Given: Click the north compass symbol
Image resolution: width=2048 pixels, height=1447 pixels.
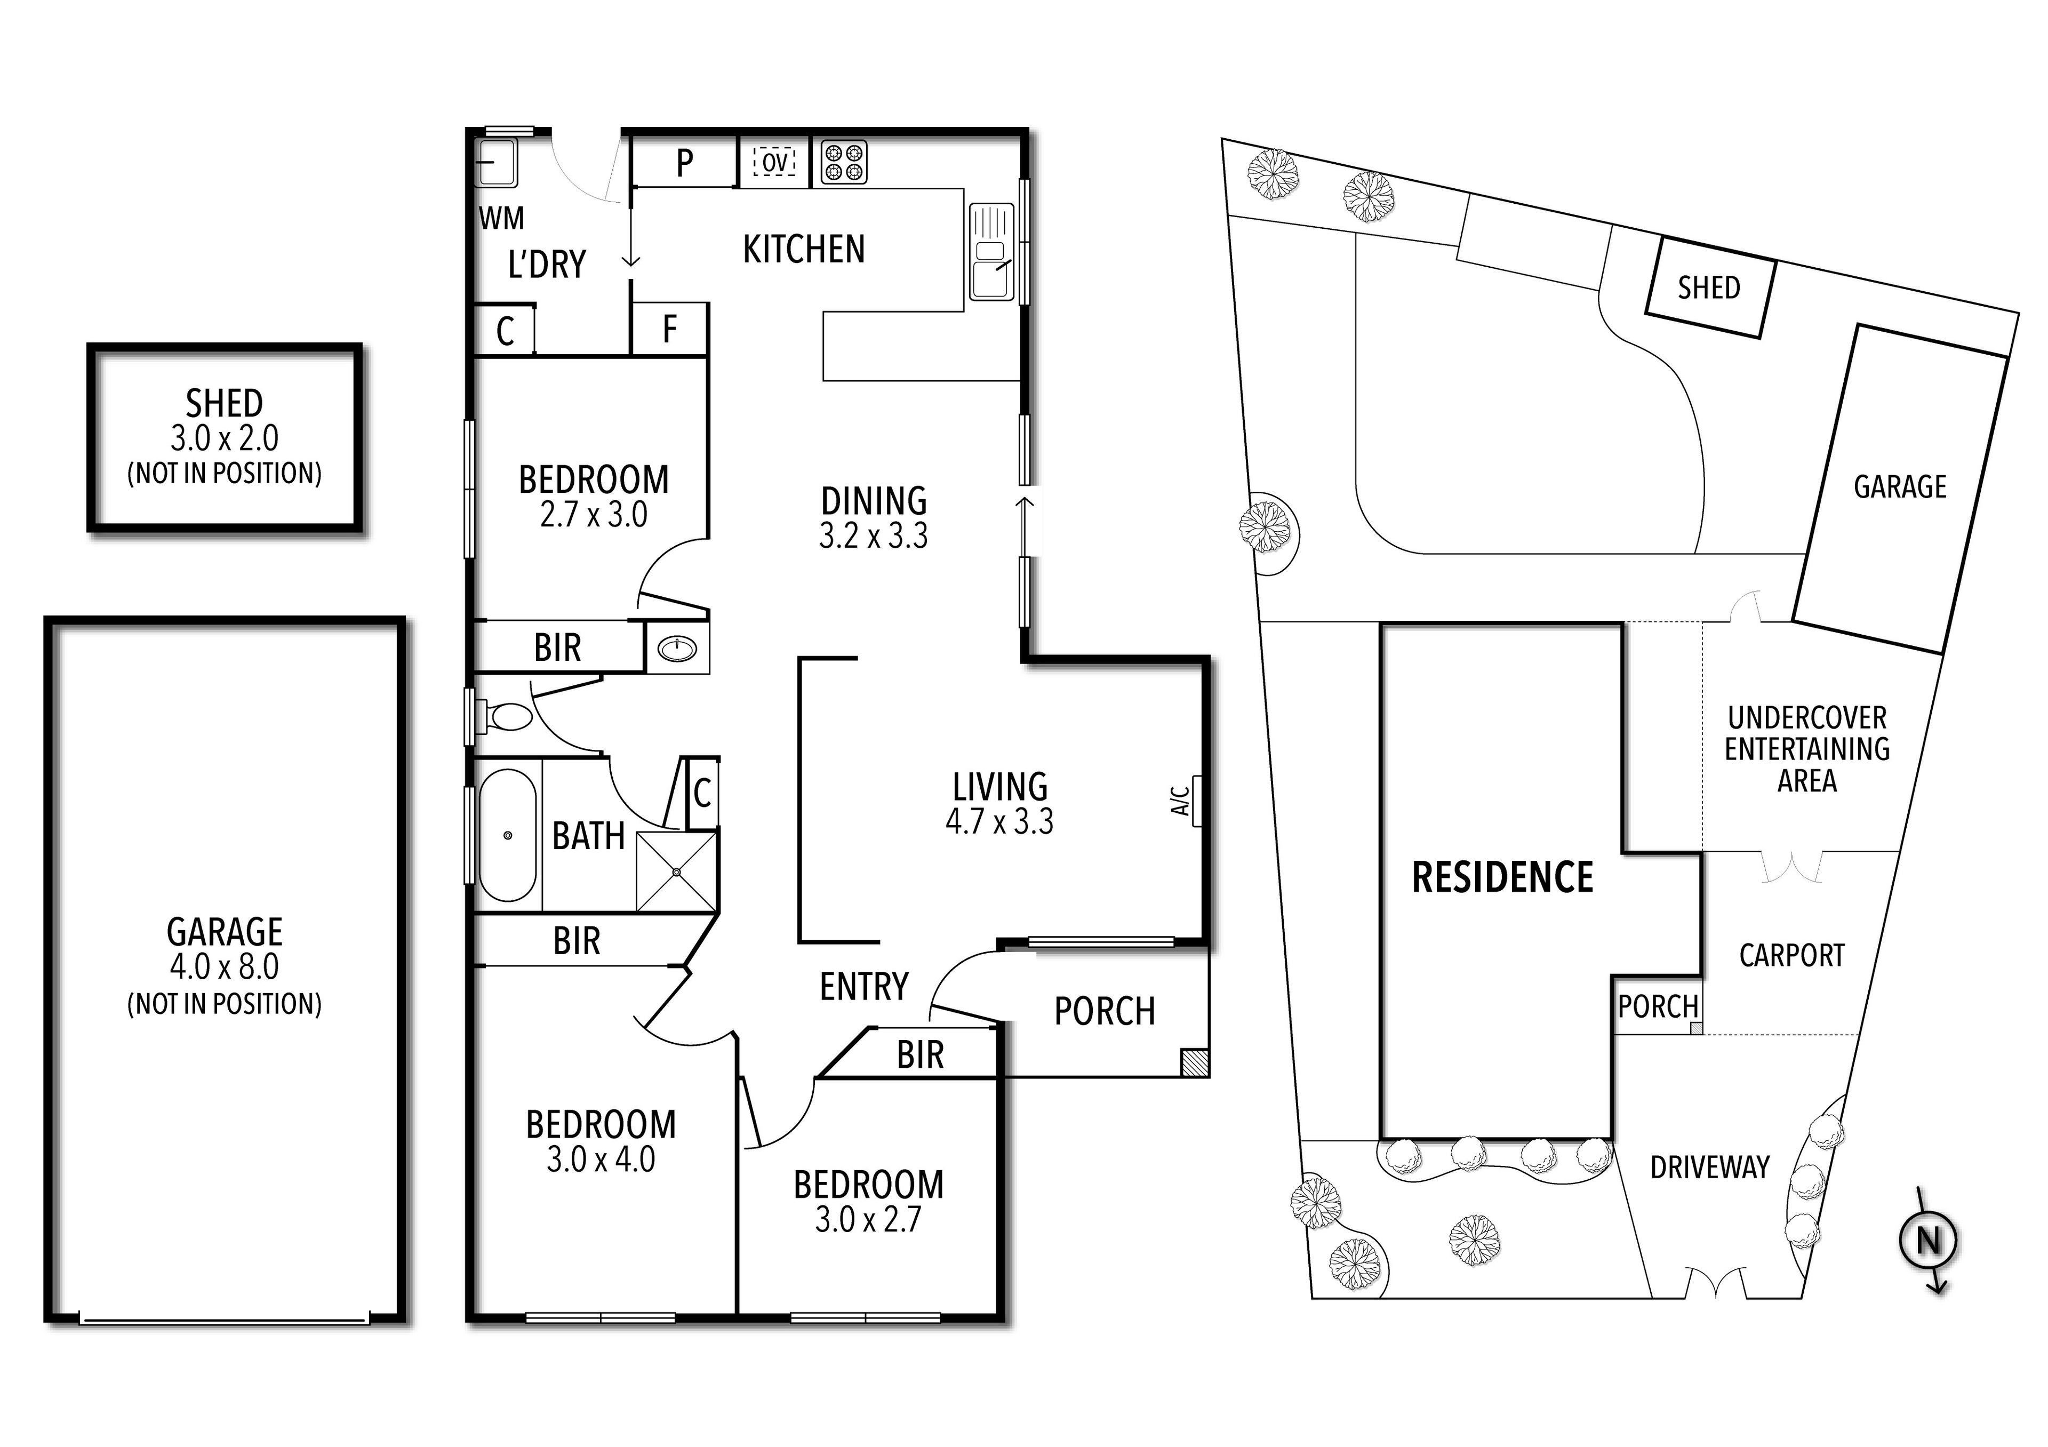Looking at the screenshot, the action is click(1929, 1240).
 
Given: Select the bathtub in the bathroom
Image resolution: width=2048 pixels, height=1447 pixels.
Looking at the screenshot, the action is click(508, 835).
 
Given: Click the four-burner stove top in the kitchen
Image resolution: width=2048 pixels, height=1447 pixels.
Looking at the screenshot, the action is click(843, 163).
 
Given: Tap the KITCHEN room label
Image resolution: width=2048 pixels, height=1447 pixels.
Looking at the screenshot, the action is click(804, 250).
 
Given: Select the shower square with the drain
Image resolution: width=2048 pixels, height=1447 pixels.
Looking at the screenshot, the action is click(676, 872).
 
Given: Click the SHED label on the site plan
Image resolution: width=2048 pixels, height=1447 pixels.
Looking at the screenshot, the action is click(1708, 287).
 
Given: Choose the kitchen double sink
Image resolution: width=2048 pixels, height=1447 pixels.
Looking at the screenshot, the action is click(992, 252).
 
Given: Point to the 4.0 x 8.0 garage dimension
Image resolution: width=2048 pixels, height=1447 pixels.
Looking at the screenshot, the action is click(224, 966).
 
